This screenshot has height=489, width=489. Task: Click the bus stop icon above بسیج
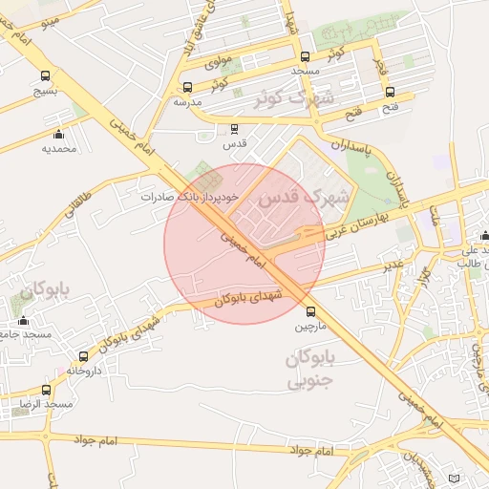[x=45, y=76]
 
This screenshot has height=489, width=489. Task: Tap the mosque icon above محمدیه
[x=58, y=134]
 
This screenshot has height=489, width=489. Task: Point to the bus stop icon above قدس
[x=234, y=128]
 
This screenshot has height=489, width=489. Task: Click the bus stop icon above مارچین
[x=309, y=311]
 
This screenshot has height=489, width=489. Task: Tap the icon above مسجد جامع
[x=24, y=320]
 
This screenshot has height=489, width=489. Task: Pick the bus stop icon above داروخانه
[x=84, y=355]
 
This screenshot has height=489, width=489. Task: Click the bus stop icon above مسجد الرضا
[x=46, y=390]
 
